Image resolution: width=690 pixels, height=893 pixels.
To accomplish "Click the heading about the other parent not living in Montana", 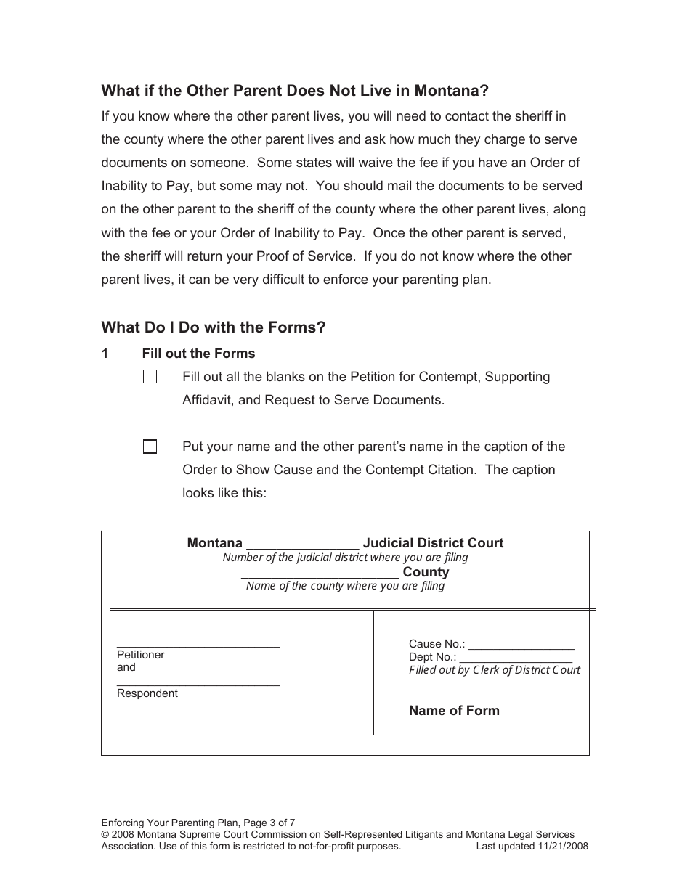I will [x=295, y=91].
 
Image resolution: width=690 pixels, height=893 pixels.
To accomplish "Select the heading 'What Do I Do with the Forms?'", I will [x=214, y=327].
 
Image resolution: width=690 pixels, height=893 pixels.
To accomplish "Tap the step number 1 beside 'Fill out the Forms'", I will [x=105, y=354].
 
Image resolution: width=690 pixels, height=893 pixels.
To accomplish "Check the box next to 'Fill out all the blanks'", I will [x=150, y=377].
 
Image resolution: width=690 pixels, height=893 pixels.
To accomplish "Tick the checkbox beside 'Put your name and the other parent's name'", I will [x=150, y=447].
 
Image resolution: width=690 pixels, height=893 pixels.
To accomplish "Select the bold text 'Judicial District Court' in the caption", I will [x=433, y=543].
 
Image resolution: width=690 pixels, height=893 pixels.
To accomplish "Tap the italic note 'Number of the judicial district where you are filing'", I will [x=345, y=558].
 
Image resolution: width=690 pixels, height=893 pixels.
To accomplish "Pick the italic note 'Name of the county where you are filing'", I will [x=345, y=586].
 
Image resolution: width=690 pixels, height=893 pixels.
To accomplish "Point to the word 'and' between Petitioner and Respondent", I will [x=126, y=667].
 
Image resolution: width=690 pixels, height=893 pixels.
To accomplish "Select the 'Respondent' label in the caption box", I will [x=147, y=693].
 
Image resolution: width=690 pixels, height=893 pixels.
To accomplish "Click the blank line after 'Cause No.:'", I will [x=521, y=645].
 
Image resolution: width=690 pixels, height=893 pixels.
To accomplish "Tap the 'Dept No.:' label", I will [x=433, y=657].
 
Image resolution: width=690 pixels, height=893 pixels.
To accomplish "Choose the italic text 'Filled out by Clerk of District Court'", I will [x=495, y=670].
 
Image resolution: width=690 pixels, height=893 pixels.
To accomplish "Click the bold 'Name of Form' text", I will [x=454, y=711].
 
